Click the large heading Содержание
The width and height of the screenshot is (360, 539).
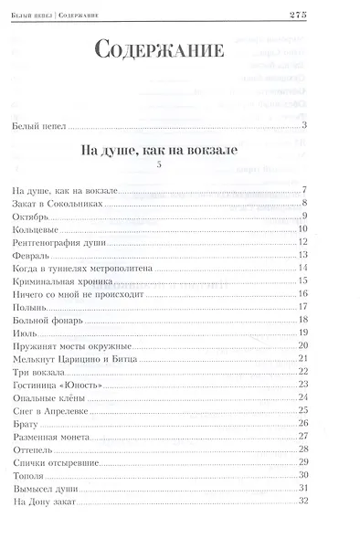160,51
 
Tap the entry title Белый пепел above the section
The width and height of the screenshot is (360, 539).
42,125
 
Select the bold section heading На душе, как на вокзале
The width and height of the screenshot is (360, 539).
160,148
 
